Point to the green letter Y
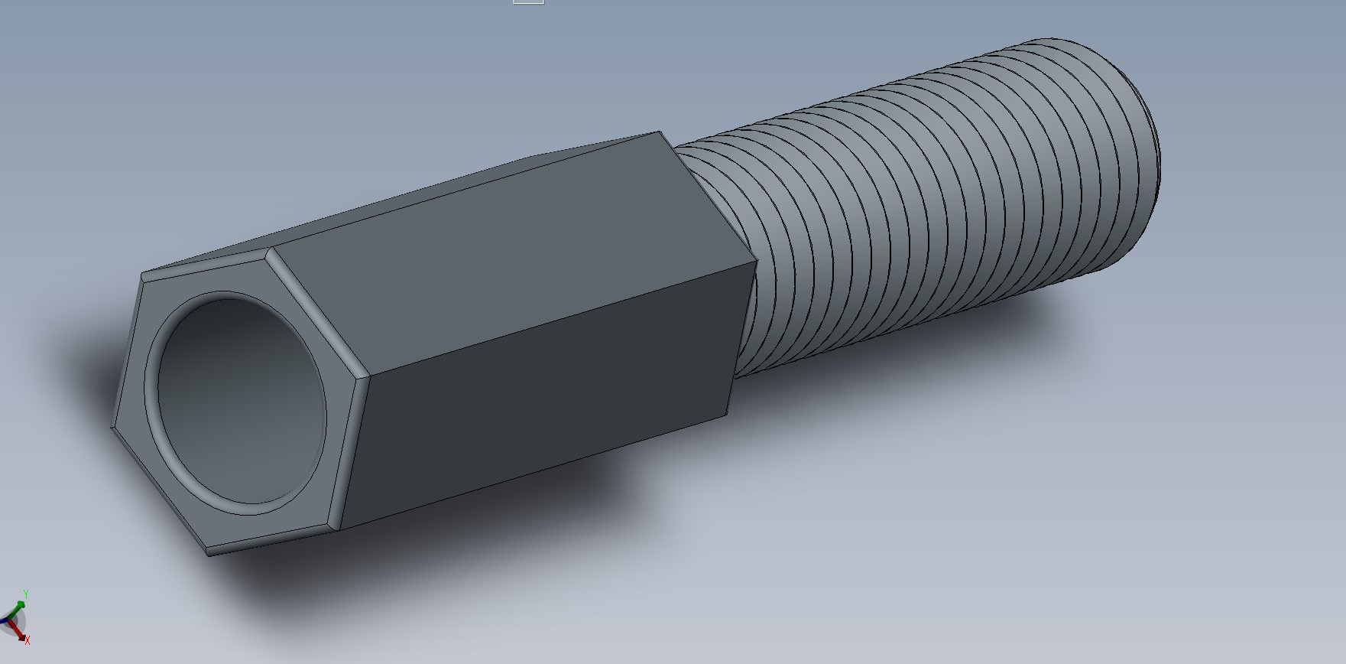(x=25, y=594)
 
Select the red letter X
(x=28, y=640)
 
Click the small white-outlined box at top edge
(x=528, y=2)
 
